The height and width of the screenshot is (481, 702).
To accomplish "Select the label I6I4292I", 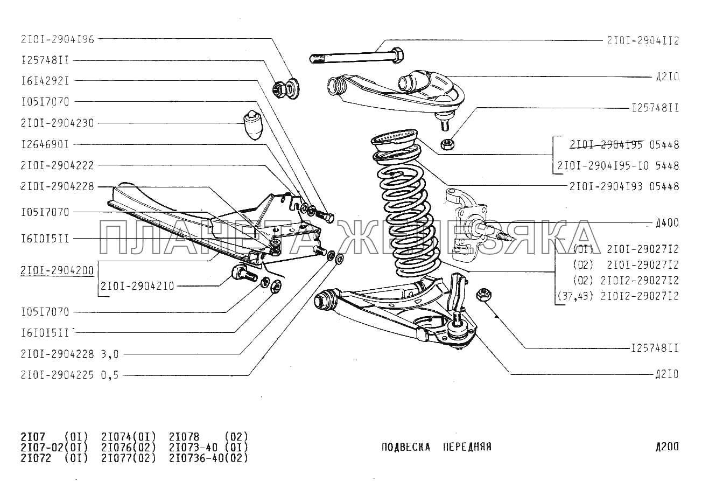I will point(45,81).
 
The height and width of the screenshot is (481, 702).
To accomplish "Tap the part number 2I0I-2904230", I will point(57,123).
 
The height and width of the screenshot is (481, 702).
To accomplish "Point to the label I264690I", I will point(45,144).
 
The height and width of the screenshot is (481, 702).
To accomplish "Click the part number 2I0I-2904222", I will point(57,165).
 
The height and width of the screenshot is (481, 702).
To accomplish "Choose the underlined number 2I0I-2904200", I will point(57,270).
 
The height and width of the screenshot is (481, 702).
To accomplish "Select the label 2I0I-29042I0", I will point(137,287).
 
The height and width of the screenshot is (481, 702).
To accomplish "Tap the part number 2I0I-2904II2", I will point(643,40).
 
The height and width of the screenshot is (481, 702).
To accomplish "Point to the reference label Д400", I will point(667,222).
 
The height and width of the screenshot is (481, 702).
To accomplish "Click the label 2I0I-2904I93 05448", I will point(624,186).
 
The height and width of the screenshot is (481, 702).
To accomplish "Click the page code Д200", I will point(667,447).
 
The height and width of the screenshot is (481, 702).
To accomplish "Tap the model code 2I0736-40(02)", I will point(208,458).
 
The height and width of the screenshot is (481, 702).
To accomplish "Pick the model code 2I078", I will point(184,436).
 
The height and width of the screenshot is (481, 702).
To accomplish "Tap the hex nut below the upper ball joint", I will point(446,144).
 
